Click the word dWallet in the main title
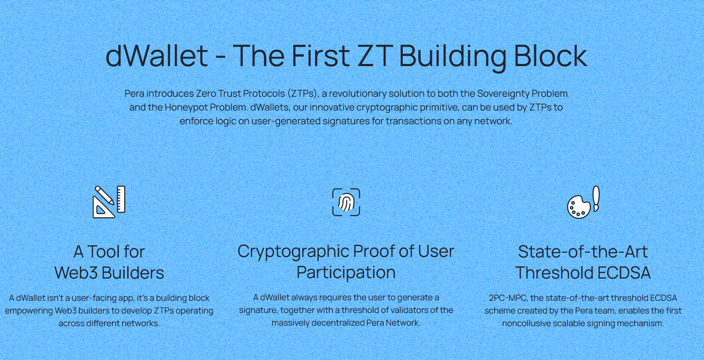pyautogui.click(x=156, y=56)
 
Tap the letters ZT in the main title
pyautogui.click(x=375, y=56)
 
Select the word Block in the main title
pyautogui.click(x=550, y=56)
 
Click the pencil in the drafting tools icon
pyautogui.click(x=104, y=196)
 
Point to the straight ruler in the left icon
pyautogui.click(x=121, y=199)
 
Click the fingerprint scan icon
pyautogui.click(x=346, y=202)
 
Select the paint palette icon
pyautogui.click(x=579, y=207)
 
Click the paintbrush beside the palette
pyautogui.click(x=596, y=199)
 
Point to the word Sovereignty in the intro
pyautogui.click(x=503, y=94)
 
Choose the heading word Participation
pyautogui.click(x=346, y=273)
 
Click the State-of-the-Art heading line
pyautogui.click(x=583, y=252)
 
